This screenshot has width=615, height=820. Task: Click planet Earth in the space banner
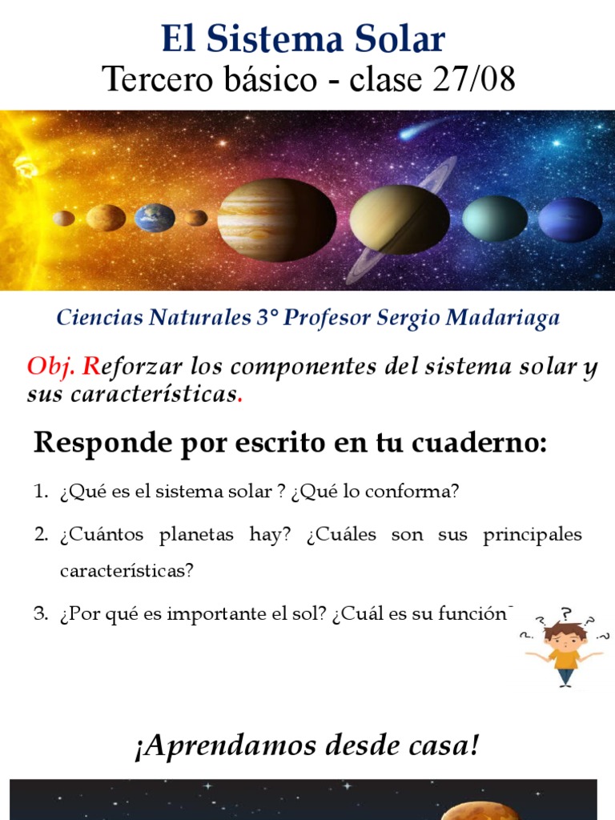click(x=155, y=217)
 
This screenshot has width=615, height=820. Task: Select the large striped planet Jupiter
click(x=276, y=219)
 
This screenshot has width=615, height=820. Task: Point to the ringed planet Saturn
click(x=399, y=219)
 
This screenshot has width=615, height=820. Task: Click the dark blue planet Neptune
click(x=569, y=219)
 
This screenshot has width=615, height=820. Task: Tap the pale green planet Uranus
click(x=495, y=218)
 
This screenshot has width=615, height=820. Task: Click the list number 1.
click(x=40, y=492)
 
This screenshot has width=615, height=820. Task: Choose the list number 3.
click(x=40, y=614)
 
